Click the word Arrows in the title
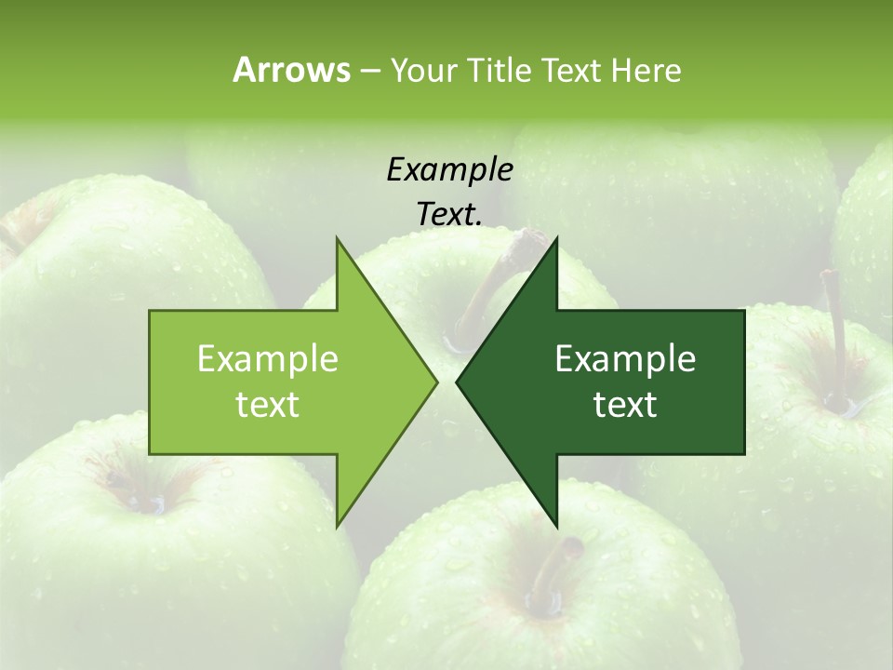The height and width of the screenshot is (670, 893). click(x=290, y=70)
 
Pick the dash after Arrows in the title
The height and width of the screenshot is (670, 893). click(x=368, y=71)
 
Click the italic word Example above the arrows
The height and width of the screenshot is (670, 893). click(x=449, y=169)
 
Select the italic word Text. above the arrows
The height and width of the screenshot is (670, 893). click(x=449, y=214)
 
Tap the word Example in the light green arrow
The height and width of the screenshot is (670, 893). click(x=268, y=358)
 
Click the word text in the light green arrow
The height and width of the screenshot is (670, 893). click(x=268, y=404)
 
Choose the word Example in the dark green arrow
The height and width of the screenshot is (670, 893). click(x=625, y=358)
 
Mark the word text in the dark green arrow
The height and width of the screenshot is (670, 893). click(x=625, y=404)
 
